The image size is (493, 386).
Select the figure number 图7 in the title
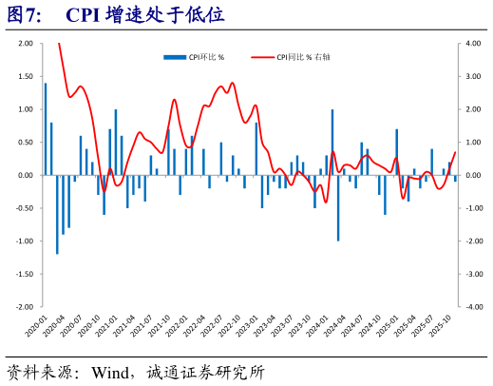click(x=26, y=15)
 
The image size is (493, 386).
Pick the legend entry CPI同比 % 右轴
click(x=303, y=57)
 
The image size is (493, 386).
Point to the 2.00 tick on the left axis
click(x=25, y=44)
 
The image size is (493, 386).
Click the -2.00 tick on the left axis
click(x=24, y=307)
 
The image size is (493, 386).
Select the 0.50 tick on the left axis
click(x=25, y=143)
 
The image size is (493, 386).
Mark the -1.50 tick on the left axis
click(x=24, y=274)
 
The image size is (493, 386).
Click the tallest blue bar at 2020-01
click(x=46, y=129)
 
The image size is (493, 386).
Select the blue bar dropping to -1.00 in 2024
click(x=338, y=208)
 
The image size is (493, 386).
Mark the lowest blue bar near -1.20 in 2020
click(x=57, y=215)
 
